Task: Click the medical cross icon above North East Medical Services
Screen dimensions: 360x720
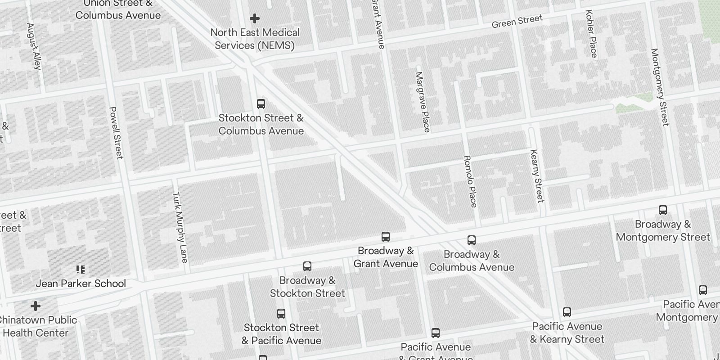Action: pos(255,18)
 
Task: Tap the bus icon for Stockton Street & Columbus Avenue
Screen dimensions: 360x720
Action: pos(261,104)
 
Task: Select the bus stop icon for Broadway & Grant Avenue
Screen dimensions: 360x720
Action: pos(386,237)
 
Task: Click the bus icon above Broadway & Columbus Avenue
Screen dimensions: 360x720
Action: pos(472,240)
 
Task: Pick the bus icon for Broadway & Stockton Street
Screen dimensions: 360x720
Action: pos(307,266)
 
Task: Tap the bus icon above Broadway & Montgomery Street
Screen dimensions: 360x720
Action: pos(663,210)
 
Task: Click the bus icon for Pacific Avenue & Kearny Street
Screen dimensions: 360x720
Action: pos(567,312)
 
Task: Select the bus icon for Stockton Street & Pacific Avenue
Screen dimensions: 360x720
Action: pos(281,314)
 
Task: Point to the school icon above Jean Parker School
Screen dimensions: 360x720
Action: pos(81,270)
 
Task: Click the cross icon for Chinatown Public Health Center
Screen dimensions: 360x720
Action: pos(36,306)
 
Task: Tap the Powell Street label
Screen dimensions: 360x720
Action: pos(116,133)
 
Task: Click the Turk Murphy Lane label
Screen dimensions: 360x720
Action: pos(180,227)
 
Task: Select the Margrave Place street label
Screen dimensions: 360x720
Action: pos(423,102)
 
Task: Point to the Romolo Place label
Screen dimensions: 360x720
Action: pos(470,181)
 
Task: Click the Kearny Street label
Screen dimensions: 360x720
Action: pos(537,176)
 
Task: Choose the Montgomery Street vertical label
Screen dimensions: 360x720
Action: pos(660,87)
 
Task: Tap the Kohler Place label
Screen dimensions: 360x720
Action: pos(591,34)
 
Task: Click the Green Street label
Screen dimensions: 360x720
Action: pos(517,21)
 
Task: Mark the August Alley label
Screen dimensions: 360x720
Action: pos(34,46)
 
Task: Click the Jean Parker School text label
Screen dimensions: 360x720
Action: pos(81,283)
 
